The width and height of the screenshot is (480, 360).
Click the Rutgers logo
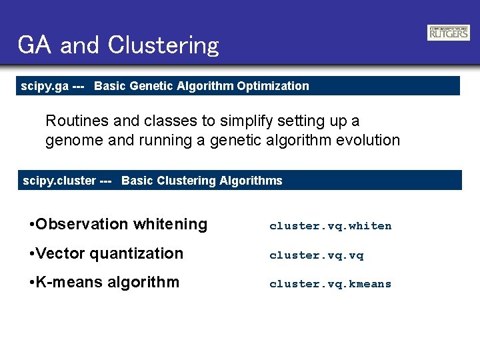[x=448, y=33]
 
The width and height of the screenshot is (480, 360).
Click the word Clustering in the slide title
[x=163, y=45]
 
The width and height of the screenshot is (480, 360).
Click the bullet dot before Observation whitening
[x=32, y=225]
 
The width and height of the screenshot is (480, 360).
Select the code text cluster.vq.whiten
[x=330, y=226]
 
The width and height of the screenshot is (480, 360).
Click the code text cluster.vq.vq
[x=316, y=255]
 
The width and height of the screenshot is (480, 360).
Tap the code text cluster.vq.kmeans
[x=330, y=284]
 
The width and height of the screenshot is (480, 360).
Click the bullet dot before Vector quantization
[x=32, y=254]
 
